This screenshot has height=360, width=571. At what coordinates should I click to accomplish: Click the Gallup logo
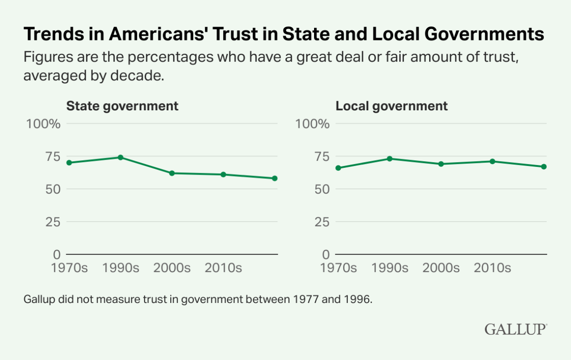click(516, 330)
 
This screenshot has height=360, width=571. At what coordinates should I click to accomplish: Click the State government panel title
click(122, 106)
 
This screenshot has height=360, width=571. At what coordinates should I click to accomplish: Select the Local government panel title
click(392, 106)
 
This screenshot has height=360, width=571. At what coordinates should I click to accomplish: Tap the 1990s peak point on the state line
click(120, 157)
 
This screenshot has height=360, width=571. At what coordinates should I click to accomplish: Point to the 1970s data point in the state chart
click(69, 163)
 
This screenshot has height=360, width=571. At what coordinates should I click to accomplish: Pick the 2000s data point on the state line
click(172, 173)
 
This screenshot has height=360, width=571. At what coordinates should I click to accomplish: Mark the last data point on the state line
click(275, 178)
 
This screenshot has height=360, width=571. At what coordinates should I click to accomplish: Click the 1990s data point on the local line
click(390, 158)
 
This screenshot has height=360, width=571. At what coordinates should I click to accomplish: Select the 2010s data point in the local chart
click(492, 161)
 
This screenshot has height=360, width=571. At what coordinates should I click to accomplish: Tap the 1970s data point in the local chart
click(338, 168)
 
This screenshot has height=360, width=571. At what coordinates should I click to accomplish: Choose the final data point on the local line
click(544, 166)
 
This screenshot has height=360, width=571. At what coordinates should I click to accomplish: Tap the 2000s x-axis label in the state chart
click(172, 268)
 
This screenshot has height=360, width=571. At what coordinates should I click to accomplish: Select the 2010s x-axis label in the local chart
click(492, 268)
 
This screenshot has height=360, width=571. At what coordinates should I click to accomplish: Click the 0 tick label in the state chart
click(56, 254)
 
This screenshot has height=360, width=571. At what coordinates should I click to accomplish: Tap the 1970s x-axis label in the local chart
click(338, 268)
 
